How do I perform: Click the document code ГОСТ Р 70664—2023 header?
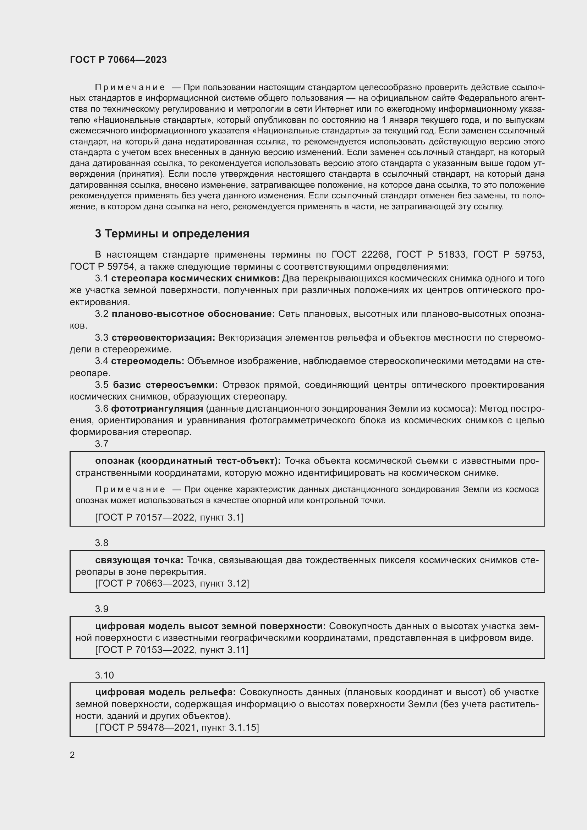(118, 60)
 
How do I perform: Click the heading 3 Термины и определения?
(172, 234)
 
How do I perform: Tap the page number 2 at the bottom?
(72, 755)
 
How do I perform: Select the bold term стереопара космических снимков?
(195, 278)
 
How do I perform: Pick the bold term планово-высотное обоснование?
(193, 314)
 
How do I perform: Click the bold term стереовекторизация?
(163, 337)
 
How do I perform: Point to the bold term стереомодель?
(148, 361)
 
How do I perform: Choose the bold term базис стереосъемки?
(165, 385)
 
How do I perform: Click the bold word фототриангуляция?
(157, 408)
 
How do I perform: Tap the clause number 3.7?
(102, 444)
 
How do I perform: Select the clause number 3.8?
(102, 543)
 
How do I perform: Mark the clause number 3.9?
(102, 609)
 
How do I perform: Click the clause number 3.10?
(104, 675)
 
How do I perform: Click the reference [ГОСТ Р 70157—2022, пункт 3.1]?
(169, 517)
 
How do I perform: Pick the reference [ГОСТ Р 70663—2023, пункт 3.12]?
(172, 583)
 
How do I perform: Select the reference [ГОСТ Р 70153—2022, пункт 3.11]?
(172, 650)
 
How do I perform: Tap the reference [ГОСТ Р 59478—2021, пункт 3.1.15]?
(177, 727)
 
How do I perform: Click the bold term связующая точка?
(139, 560)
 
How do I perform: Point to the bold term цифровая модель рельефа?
(165, 692)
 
